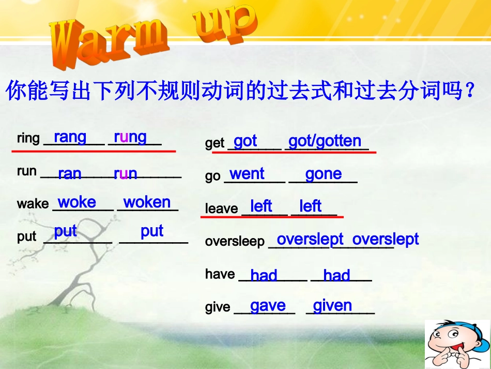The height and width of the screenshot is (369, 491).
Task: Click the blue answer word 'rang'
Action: coord(70,137)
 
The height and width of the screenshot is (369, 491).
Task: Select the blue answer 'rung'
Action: coord(130,137)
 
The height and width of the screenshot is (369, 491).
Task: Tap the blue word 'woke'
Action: coord(76,202)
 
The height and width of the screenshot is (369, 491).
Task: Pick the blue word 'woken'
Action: coord(147,202)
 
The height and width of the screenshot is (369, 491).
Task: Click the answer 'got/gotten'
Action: coord(325,141)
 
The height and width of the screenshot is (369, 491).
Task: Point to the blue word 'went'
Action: coord(247,173)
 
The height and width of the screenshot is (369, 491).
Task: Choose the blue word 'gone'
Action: coord(323,174)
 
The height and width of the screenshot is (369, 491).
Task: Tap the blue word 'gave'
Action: coord(268,305)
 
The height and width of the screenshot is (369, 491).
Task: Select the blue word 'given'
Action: coord(332,305)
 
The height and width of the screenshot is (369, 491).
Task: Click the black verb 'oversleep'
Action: coord(235,242)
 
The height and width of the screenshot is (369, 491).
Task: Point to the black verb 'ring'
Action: coord(28,139)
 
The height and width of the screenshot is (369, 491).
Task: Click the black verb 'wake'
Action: coord(33,204)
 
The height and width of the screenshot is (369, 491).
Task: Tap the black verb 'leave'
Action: coord(221,209)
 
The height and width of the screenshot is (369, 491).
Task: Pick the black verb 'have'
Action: coord(220,274)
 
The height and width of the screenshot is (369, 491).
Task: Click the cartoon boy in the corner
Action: coord(457,345)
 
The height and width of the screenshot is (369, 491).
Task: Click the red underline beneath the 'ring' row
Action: coord(94,151)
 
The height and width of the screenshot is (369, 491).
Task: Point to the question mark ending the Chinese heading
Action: coord(469,92)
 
